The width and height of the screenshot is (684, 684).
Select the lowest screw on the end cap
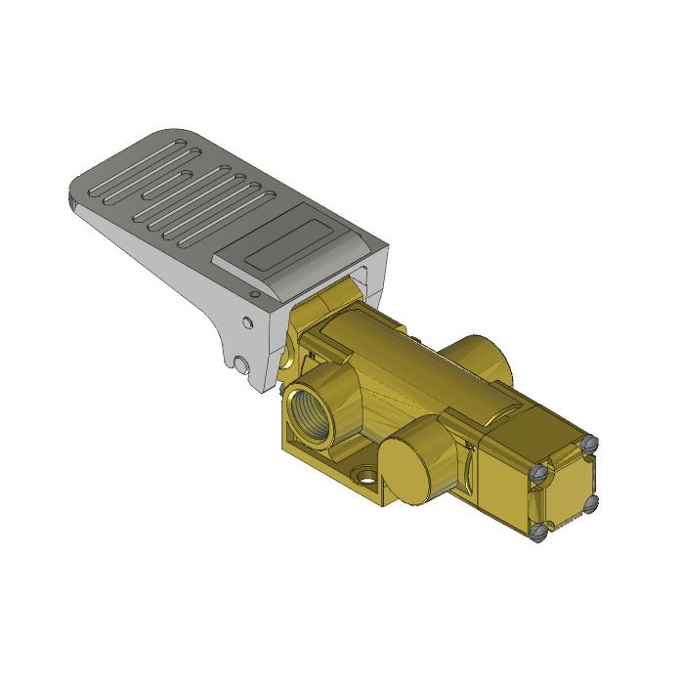539,533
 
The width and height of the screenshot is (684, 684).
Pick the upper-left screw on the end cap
536,472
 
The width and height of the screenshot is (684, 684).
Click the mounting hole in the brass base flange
366,480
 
